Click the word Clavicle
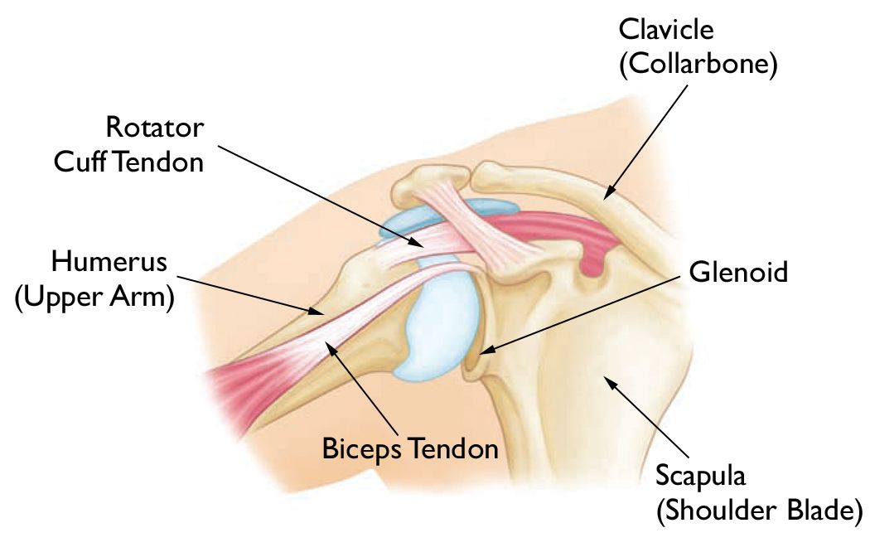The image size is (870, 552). [x=666, y=30]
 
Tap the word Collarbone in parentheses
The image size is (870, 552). [x=698, y=65]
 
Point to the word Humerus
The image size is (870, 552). [x=109, y=263]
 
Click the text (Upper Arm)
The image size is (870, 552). [x=95, y=298]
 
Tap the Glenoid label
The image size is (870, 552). [x=738, y=271]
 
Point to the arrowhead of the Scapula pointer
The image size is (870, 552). [x=607, y=380]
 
